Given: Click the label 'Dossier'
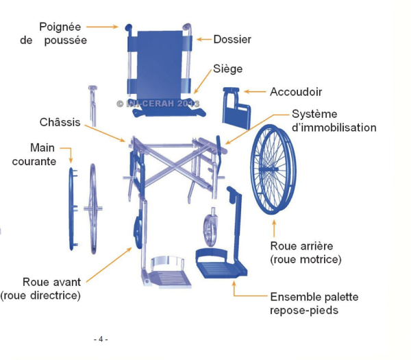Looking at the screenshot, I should coord(232,40).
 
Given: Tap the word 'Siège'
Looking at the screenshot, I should coord(227,69).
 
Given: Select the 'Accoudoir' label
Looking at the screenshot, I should coord(296,91).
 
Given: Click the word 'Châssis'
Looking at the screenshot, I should coord(60,123).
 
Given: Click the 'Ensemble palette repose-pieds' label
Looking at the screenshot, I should coord(314,303).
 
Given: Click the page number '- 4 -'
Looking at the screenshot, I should coord(101,339).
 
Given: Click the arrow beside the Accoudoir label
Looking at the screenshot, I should coord(256,91).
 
